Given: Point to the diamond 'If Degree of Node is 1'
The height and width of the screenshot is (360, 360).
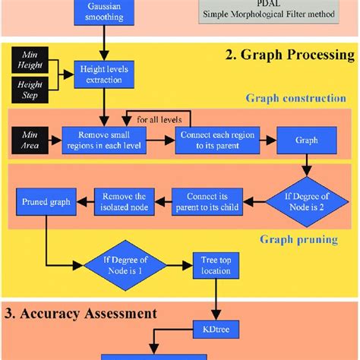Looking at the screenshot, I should pos(125,267).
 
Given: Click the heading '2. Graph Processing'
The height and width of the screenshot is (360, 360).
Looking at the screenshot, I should pos(289,54).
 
